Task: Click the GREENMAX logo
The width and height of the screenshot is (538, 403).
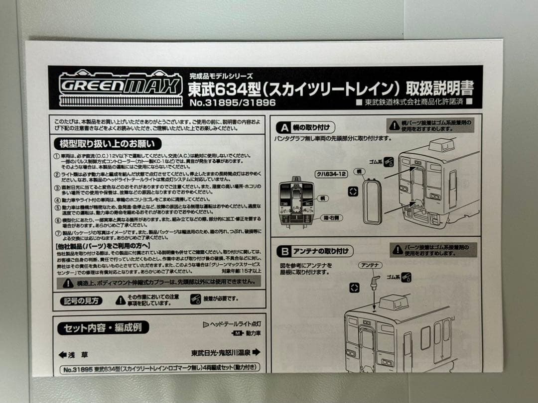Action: point(121,86)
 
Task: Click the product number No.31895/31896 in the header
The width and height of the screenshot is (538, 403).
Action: point(232,103)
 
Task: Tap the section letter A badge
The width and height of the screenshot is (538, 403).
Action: point(285,126)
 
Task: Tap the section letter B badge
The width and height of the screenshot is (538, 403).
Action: point(285,251)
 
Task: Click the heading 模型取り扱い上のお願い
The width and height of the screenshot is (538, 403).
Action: point(107,144)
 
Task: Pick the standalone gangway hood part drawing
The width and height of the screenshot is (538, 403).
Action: point(371,201)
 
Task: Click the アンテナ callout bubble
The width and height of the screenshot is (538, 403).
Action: point(370,265)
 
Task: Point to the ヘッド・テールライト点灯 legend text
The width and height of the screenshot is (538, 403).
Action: point(235,324)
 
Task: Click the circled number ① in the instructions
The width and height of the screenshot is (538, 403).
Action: point(56,156)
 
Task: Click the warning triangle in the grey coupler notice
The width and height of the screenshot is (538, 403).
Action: point(68,283)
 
